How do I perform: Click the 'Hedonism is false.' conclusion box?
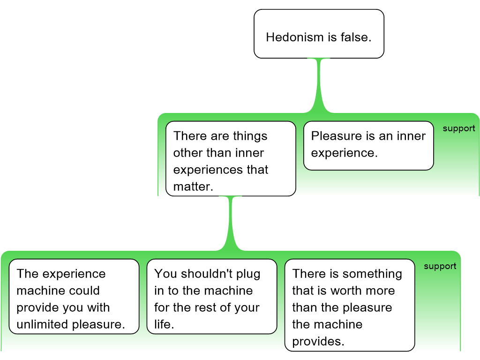[319, 34]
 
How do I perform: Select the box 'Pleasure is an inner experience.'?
[368, 146]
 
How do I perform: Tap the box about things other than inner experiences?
[231, 158]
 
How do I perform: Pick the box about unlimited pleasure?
[74, 296]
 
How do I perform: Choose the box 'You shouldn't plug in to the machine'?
[212, 296]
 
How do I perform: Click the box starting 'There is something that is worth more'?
[350, 305]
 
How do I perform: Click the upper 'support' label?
[458, 128]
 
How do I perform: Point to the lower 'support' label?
[440, 266]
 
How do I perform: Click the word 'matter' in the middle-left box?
[191, 187]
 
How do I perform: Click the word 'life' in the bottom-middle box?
[162, 324]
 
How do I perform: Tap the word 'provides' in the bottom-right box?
[316, 341]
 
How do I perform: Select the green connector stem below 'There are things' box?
[231, 223]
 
